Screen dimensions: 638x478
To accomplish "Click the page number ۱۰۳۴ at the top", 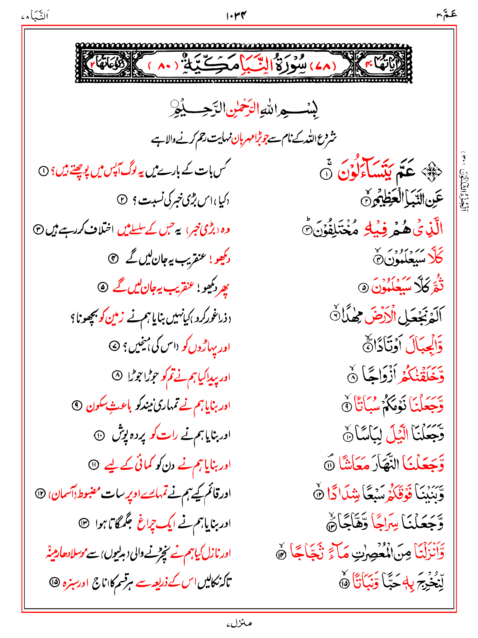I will point(237,15).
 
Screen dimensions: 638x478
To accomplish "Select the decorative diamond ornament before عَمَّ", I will point(432,172).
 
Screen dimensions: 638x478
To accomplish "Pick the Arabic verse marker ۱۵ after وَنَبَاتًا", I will point(344,583).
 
